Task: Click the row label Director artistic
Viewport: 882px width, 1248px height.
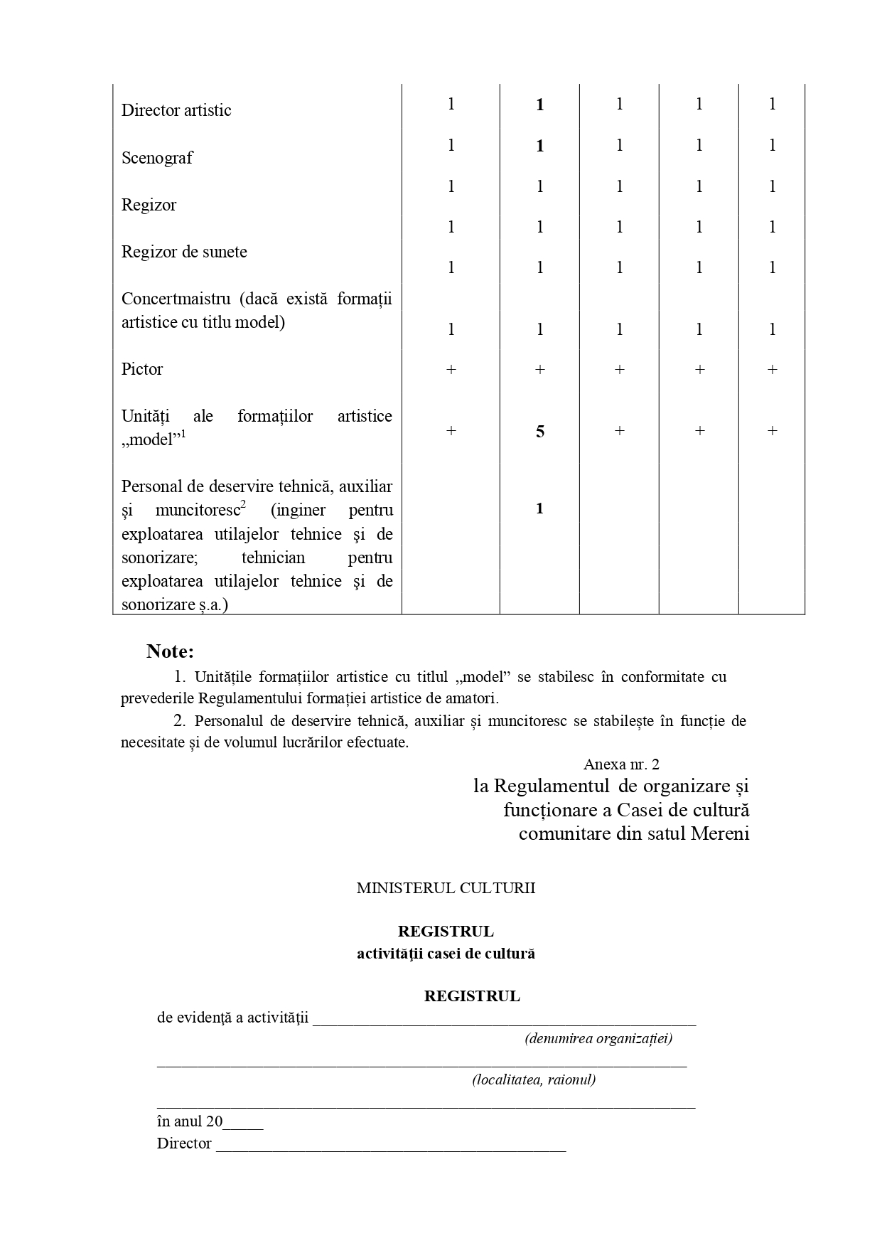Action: click(176, 110)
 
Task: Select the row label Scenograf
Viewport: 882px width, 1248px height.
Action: click(156, 158)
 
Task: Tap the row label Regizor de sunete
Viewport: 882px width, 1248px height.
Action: click(184, 252)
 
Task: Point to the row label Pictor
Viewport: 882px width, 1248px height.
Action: click(142, 369)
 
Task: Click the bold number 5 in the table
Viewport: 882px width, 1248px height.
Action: click(540, 432)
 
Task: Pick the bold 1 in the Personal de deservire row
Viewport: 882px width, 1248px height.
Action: click(539, 508)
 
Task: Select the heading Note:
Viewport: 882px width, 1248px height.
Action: click(170, 651)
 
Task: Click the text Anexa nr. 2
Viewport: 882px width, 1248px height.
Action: click(621, 764)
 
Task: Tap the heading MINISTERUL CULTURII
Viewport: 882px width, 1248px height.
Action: click(446, 888)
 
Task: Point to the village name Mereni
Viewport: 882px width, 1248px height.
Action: click(720, 833)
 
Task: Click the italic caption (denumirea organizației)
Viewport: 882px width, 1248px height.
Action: click(598, 1039)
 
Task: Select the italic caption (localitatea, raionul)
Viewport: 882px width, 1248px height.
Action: click(534, 1080)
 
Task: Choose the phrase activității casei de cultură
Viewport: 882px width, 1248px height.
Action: click(446, 954)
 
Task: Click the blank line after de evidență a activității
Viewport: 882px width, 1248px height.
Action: click(504, 1019)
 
